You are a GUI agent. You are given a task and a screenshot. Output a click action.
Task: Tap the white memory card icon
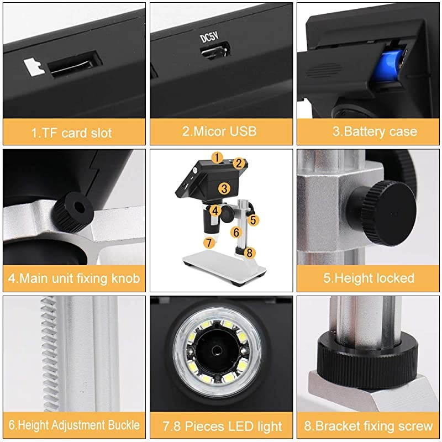point(35,67)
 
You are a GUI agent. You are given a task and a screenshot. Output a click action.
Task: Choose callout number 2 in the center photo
point(239,163)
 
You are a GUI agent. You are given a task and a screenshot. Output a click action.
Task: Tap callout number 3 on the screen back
point(224,188)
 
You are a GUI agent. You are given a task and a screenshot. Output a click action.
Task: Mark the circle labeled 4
point(215,211)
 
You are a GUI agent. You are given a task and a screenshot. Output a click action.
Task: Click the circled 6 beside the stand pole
point(236,233)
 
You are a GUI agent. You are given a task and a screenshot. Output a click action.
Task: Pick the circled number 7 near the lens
point(208,242)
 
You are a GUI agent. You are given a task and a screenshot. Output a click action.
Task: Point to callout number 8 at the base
point(249,252)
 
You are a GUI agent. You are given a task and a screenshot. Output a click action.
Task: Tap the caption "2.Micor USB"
point(220,131)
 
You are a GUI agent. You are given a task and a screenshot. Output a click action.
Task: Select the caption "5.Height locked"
point(369,277)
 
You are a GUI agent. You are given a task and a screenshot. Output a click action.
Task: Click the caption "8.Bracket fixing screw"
point(369,426)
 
